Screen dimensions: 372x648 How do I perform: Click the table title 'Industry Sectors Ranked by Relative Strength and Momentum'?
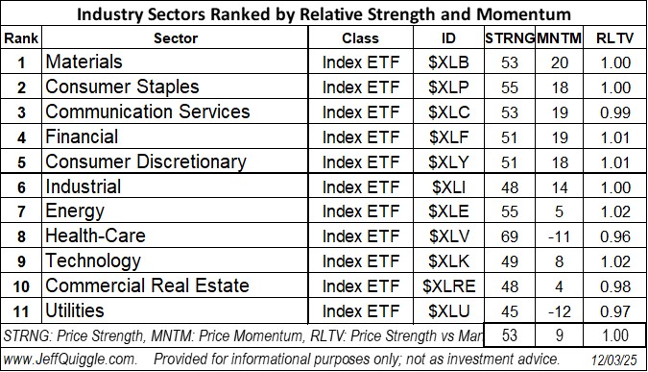[324, 13]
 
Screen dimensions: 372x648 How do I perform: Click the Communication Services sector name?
[148, 112]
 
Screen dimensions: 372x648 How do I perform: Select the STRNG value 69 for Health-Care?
[508, 236]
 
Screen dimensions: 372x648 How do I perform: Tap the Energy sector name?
[75, 211]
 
